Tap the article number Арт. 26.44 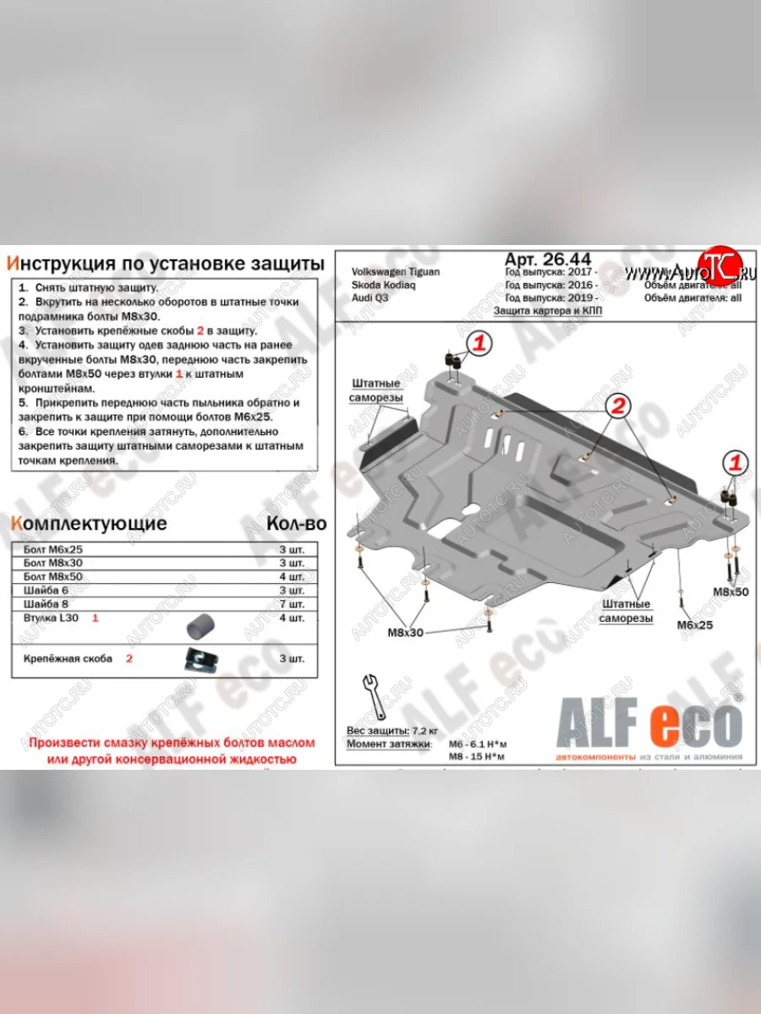[547, 259]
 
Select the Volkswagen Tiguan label [395, 272]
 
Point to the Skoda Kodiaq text [382, 286]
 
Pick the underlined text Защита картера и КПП [549, 311]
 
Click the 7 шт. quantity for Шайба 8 [292, 603]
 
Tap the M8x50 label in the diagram [730, 591]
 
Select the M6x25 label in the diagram [695, 625]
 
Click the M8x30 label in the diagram [406, 632]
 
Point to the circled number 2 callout [618, 407]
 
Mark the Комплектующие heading [88, 524]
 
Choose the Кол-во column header [295, 524]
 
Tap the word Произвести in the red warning [67, 744]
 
